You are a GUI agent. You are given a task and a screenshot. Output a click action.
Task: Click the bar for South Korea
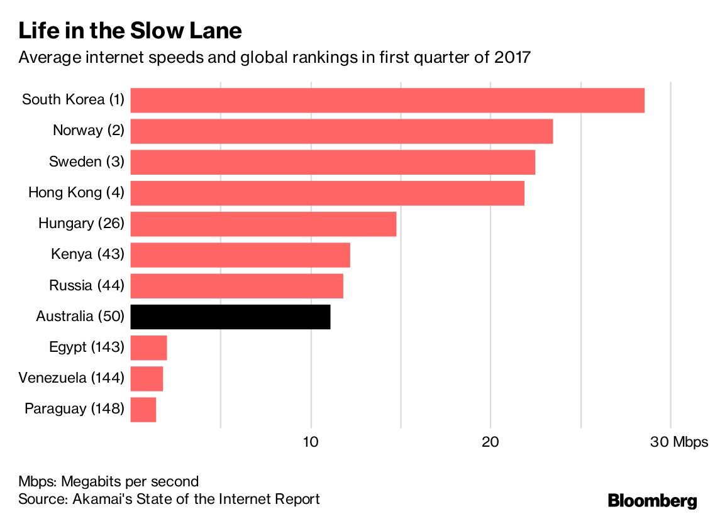387,101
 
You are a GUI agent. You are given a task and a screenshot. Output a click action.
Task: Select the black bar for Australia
230,317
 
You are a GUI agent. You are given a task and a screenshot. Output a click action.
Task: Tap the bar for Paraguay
143,409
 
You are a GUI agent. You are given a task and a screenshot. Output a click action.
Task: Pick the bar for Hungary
263,224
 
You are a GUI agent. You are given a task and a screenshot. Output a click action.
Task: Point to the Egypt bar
148,347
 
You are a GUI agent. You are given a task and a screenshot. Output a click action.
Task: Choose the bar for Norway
341,131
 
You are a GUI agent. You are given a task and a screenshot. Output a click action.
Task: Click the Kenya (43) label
87,254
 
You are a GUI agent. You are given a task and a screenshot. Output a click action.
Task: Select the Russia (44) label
87,286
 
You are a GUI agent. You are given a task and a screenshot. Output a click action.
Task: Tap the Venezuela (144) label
71,378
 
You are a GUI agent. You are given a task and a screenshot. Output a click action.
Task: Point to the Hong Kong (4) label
76,193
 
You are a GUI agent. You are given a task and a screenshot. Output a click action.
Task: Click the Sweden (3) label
87,162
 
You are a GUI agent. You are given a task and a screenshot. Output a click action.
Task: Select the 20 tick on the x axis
490,442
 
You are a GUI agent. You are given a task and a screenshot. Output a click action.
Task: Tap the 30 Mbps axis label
679,442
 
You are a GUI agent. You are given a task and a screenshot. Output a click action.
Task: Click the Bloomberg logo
653,501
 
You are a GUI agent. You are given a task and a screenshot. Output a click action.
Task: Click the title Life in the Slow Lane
130,31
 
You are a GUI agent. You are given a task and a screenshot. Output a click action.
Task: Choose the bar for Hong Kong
327,193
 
